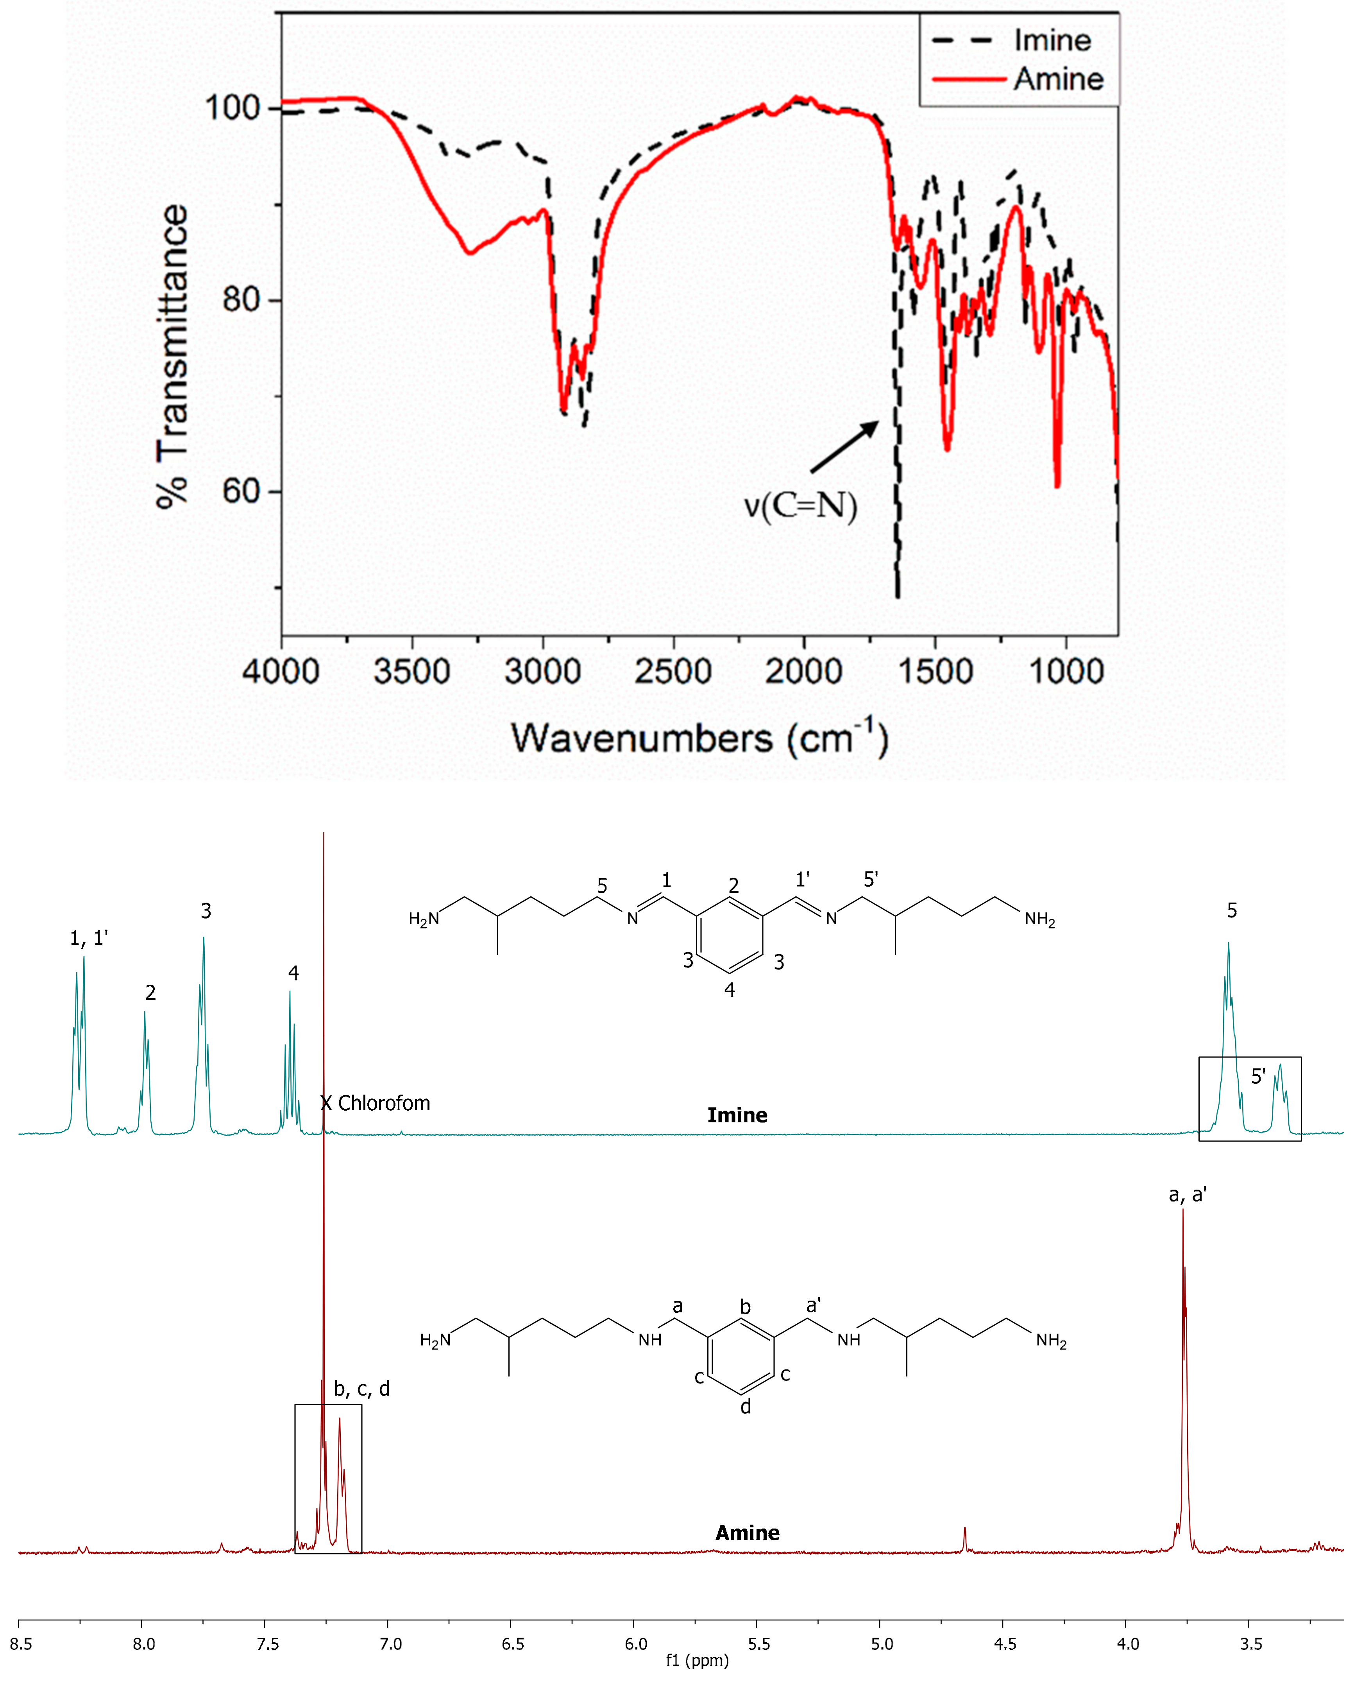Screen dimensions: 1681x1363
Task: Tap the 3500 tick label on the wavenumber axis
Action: pos(411,672)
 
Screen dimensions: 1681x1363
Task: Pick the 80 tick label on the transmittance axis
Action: pos(241,300)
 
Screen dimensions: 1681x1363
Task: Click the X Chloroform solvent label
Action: pos(375,1104)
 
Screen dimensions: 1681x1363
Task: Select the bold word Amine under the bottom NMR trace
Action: pos(748,1532)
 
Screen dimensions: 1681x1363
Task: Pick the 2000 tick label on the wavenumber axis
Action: pos(803,672)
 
